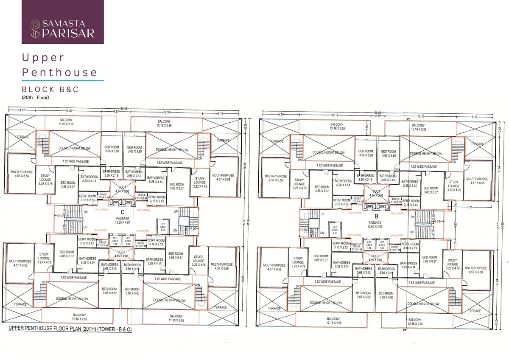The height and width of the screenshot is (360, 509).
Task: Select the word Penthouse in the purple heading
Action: pyautogui.click(x=60, y=72)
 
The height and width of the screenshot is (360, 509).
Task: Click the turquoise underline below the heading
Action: pyautogui.click(x=63, y=80)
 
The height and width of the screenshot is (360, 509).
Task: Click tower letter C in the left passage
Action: pyautogui.click(x=122, y=212)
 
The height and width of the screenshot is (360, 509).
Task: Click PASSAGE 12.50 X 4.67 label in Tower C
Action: pyautogui.click(x=122, y=220)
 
